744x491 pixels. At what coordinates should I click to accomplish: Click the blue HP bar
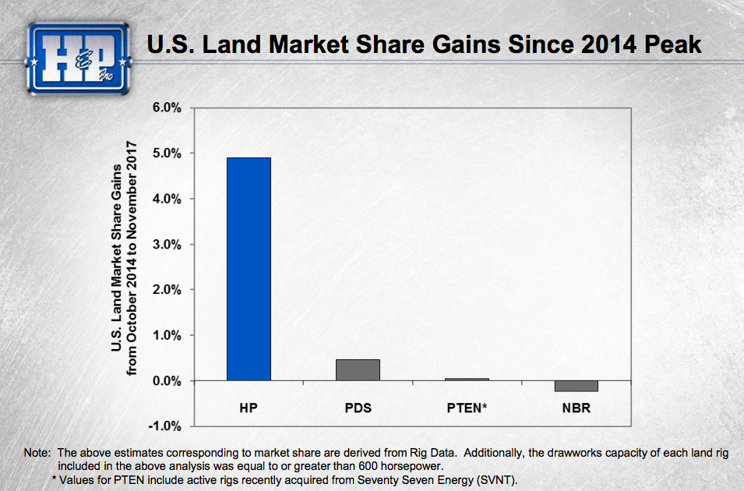(x=249, y=269)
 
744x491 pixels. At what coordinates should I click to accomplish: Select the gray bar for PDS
(x=358, y=369)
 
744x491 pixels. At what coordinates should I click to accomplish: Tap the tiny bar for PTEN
(x=467, y=379)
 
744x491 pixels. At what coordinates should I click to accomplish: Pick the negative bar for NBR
(x=576, y=386)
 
